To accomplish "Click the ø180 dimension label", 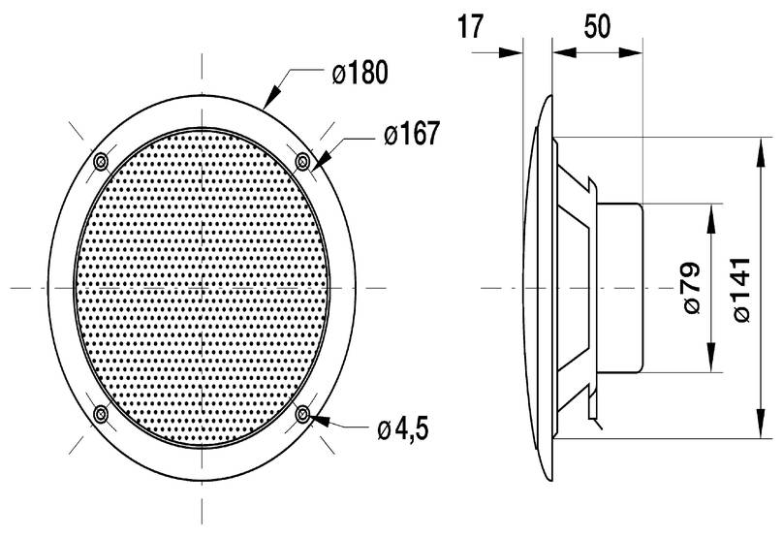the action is click(360, 73).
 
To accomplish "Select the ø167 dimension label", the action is click(412, 134).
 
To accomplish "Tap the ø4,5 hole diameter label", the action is click(403, 429).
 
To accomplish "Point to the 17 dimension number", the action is click(470, 27).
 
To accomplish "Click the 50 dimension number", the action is click(597, 26).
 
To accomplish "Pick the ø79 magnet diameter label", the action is click(691, 288).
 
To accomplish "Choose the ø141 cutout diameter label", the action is click(740, 290).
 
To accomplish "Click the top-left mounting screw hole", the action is click(101, 161).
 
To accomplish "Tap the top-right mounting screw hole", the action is click(302, 162).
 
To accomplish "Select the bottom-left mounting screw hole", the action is click(101, 414).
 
